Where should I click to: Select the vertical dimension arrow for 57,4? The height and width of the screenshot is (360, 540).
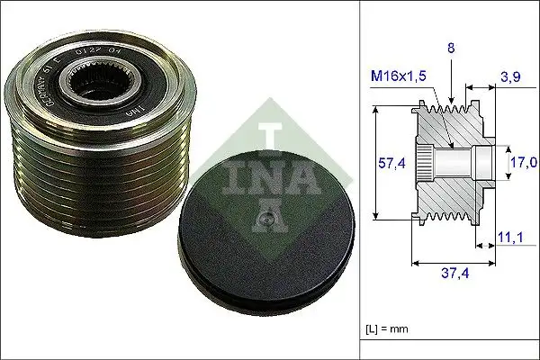pos(375,162)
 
